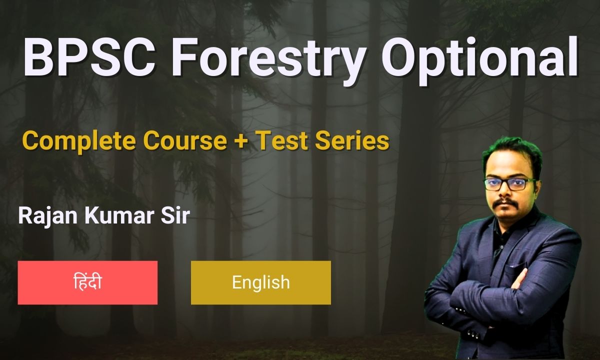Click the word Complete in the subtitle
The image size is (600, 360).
[x=80, y=141]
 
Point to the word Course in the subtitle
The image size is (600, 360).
[x=185, y=141]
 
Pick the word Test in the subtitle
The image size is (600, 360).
[x=280, y=141]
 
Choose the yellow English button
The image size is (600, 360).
[x=260, y=282]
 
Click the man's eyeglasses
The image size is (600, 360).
[x=510, y=183]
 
